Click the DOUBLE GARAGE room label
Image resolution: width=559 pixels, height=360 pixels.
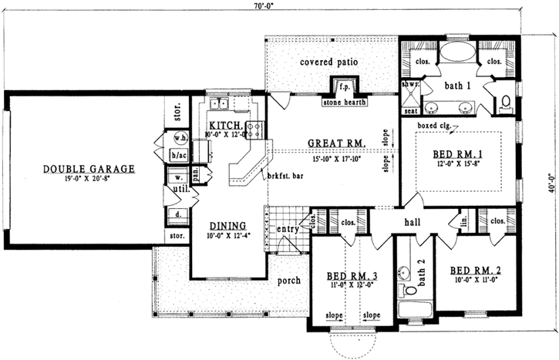(89, 169)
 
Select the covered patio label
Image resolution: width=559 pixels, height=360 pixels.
(330, 61)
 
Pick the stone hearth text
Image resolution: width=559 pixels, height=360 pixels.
(345, 100)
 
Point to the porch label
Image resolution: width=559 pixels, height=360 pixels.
(288, 281)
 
